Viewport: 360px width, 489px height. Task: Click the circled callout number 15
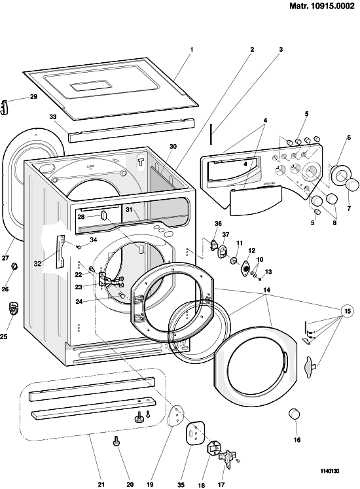click(x=347, y=310)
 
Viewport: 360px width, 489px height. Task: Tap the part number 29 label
click(x=33, y=97)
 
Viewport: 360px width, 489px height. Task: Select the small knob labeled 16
click(x=293, y=414)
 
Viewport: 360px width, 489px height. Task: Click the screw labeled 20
click(x=117, y=441)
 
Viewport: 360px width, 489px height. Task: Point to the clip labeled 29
click(x=4, y=107)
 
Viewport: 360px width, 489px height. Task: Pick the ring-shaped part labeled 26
click(x=14, y=266)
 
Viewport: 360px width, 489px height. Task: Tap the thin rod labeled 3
click(x=211, y=134)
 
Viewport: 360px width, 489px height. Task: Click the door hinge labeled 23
click(x=111, y=279)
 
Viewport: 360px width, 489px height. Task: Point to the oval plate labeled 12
click(x=246, y=268)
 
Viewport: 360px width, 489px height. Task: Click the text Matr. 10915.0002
click(x=322, y=6)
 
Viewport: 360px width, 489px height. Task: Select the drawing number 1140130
click(x=330, y=471)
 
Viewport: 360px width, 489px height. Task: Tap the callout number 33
click(x=53, y=117)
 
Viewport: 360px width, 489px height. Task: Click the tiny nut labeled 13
click(x=260, y=279)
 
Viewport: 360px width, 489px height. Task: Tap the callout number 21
click(x=101, y=484)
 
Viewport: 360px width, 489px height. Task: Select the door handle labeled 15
click(x=309, y=368)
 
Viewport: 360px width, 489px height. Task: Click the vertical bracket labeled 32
click(x=60, y=251)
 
